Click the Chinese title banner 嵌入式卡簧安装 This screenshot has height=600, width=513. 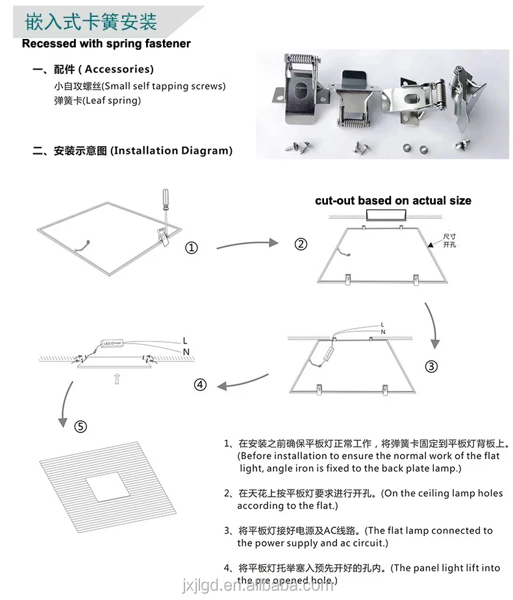(x=91, y=22)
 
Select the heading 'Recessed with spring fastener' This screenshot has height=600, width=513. (x=106, y=44)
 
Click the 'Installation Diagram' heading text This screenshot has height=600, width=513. (x=171, y=151)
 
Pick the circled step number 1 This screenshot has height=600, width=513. (x=192, y=247)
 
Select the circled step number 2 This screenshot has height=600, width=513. (x=301, y=244)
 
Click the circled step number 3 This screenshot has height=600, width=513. (x=431, y=366)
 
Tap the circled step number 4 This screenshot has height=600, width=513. (x=200, y=384)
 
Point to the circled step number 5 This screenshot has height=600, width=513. (x=81, y=427)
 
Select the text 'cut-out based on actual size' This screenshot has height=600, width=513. (x=393, y=201)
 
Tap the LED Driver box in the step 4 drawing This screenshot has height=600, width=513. (x=112, y=342)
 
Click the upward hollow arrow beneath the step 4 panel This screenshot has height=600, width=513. (x=116, y=379)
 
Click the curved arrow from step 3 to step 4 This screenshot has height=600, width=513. (x=244, y=382)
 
